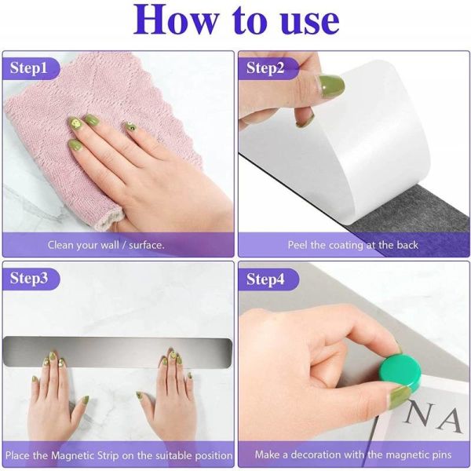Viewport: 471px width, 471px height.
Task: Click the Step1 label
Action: (x=29, y=68)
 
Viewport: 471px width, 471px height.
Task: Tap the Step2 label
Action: (x=265, y=68)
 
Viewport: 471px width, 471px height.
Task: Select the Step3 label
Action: (x=29, y=278)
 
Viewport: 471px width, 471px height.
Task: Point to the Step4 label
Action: (x=265, y=279)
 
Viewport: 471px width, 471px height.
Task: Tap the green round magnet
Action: (x=400, y=372)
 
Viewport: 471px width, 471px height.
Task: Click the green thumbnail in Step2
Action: (x=331, y=86)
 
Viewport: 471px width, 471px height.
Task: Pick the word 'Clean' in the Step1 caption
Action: (x=60, y=245)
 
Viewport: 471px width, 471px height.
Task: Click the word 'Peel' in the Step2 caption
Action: (x=298, y=245)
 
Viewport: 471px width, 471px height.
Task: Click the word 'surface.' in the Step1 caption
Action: (x=147, y=245)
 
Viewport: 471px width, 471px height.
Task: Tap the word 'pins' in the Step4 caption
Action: (x=440, y=455)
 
